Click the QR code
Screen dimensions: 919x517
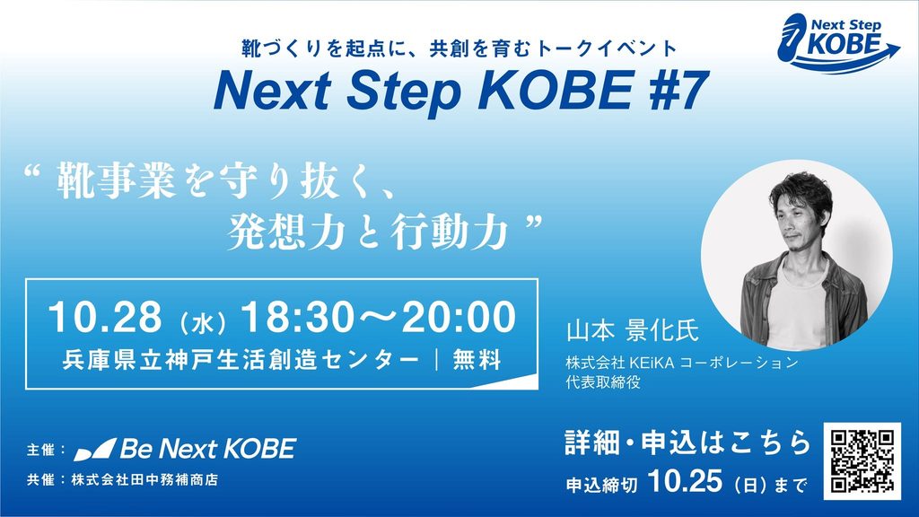(862, 461)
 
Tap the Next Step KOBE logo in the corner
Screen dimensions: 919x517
(837, 43)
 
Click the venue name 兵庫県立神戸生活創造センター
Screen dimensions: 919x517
(241, 360)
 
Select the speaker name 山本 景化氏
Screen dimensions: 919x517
(633, 331)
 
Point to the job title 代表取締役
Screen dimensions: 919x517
(603, 382)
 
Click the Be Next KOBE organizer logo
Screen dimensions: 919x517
(185, 449)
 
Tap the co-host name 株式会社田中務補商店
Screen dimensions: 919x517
(144, 479)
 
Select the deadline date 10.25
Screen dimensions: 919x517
(685, 482)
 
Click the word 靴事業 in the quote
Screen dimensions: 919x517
(116, 182)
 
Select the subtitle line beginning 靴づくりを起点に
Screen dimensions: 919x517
(459, 48)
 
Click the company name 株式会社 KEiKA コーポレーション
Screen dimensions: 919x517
(682, 363)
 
